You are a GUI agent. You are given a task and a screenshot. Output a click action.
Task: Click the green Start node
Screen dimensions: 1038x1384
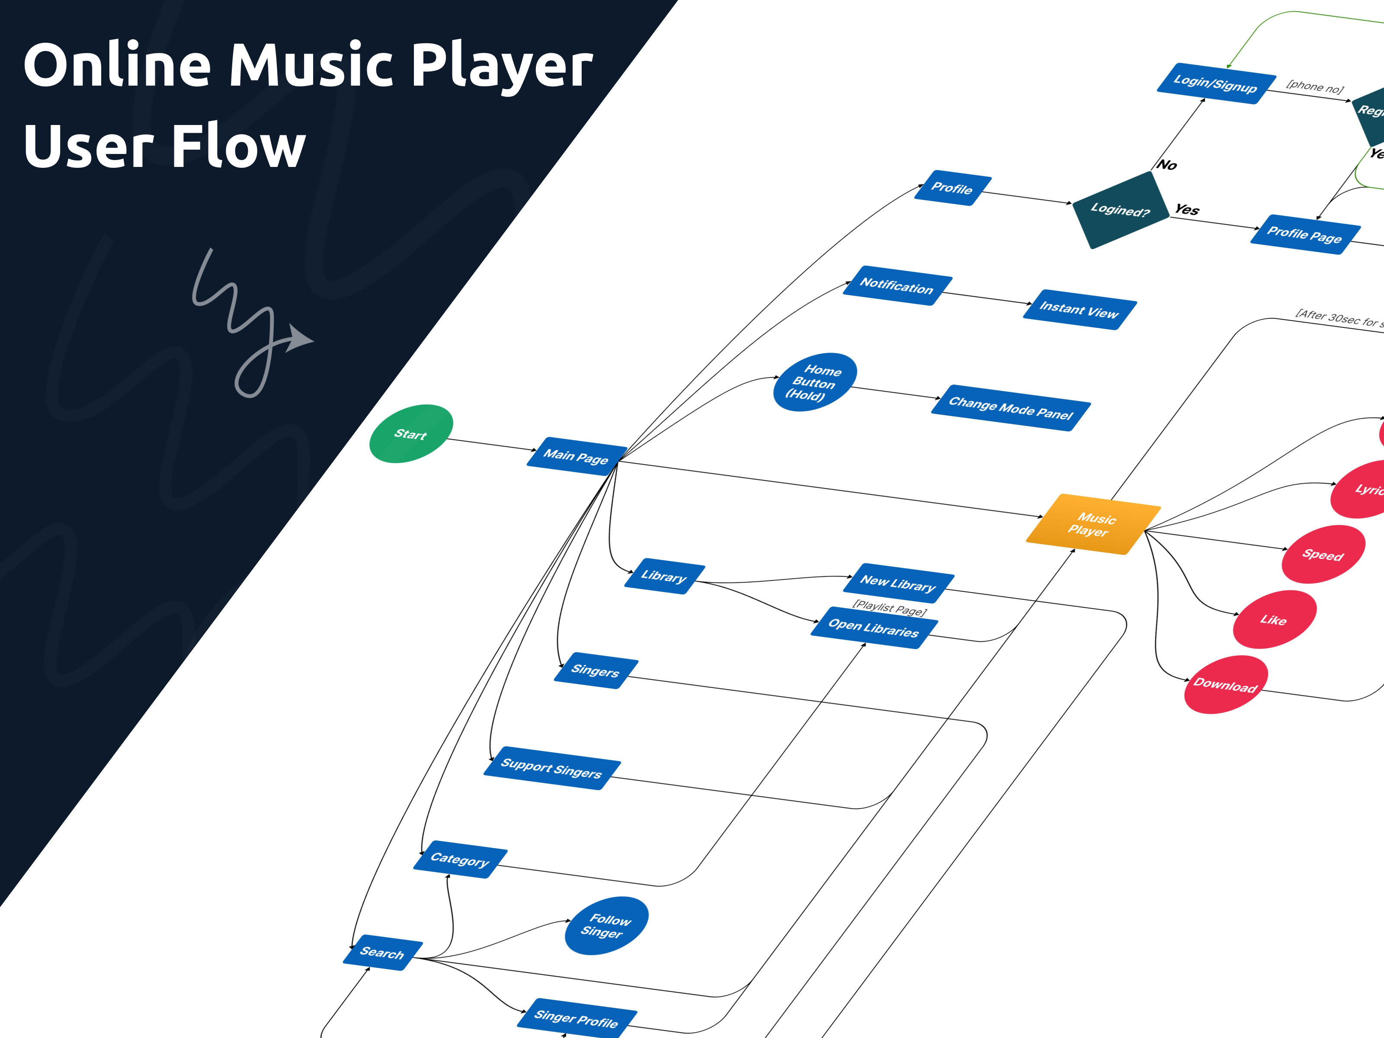coord(410,434)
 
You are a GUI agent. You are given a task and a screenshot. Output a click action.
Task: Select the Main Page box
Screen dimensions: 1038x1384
coord(576,456)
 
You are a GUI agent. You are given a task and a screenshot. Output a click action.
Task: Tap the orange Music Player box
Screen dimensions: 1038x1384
coord(1092,524)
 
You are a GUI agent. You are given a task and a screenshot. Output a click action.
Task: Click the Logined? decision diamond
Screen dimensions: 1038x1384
coord(1120,210)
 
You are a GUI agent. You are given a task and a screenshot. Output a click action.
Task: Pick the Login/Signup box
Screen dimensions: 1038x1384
coord(1215,83)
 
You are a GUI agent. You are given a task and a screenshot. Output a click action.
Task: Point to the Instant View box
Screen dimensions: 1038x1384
coord(1079,310)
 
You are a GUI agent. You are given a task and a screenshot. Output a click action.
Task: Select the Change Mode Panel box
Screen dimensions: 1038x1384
coord(1010,408)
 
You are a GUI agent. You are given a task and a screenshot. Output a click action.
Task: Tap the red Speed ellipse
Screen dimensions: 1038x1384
coord(1323,554)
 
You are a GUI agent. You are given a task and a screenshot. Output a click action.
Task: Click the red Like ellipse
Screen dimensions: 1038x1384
coord(1274,619)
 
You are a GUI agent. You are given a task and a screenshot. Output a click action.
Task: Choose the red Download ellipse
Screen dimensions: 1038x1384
coord(1225,685)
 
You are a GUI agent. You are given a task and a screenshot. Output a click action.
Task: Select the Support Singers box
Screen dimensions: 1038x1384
coord(551,768)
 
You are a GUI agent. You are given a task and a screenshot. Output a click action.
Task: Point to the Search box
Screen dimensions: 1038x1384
coord(382,952)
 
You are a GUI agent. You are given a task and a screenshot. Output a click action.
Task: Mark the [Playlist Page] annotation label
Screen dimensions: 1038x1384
coord(889,608)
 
